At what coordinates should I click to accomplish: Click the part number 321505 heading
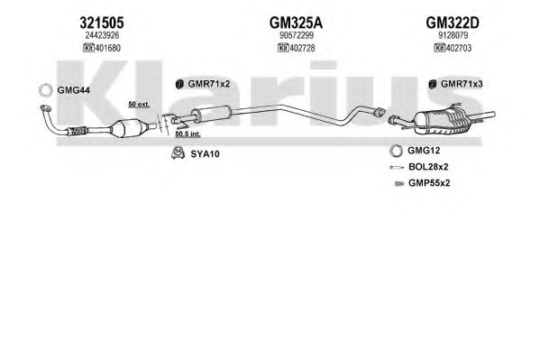[102, 23]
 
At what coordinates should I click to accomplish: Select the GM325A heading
[296, 23]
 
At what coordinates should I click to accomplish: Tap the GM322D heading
[453, 23]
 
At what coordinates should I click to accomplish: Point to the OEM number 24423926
[102, 35]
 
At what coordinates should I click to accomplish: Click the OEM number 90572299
[297, 35]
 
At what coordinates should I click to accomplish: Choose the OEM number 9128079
[453, 35]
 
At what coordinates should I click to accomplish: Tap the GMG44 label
[73, 90]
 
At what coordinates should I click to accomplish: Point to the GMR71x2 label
[209, 84]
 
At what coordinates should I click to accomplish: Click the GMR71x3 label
[462, 84]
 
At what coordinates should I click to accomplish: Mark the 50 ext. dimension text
[139, 104]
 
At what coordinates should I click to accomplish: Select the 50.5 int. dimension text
[188, 134]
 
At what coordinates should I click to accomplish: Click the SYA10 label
[205, 153]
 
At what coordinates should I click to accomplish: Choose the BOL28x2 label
[428, 167]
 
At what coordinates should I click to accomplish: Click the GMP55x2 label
[429, 183]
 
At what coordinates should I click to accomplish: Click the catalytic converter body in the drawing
[126, 128]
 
